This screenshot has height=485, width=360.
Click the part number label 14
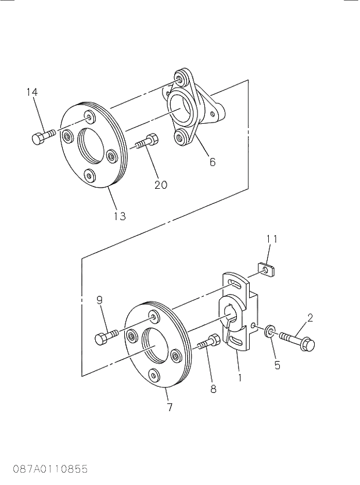pyautogui.click(x=33, y=92)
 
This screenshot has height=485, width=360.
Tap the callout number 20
pyautogui.click(x=161, y=185)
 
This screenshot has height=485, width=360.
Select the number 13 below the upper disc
pyautogui.click(x=119, y=216)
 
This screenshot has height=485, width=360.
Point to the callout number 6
pyautogui.click(x=213, y=163)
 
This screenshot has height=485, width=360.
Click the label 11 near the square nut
pyautogui.click(x=272, y=239)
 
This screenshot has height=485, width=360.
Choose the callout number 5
pyautogui.click(x=277, y=365)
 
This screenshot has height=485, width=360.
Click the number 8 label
pyautogui.click(x=213, y=389)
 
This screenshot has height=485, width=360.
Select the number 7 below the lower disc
pyautogui.click(x=170, y=408)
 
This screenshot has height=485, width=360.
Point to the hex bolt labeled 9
pyautogui.click(x=107, y=336)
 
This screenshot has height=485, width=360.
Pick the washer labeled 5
pyautogui.click(x=271, y=333)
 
